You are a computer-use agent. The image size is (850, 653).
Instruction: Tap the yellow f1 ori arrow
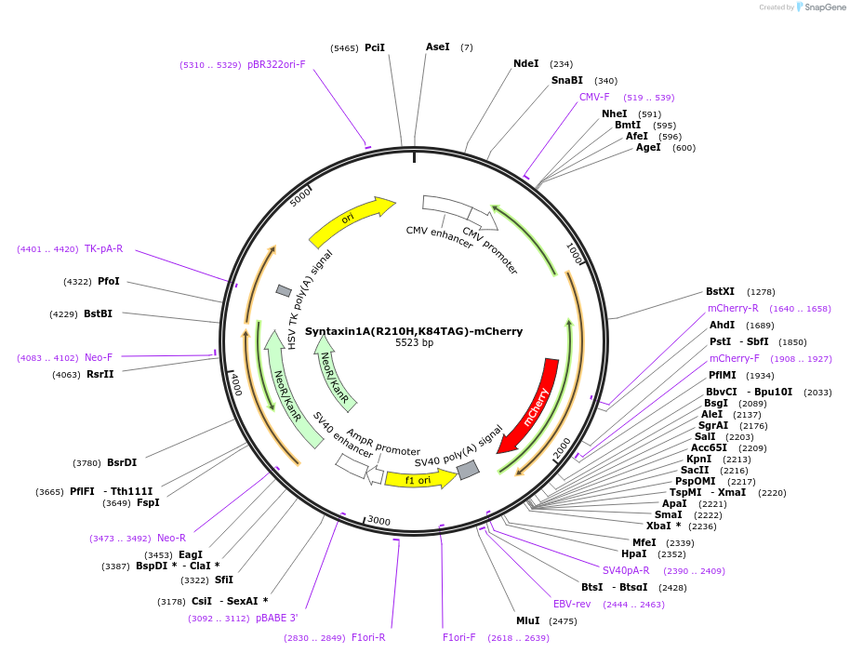pyautogui.click(x=418, y=480)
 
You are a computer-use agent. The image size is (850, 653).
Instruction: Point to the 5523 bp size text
pyautogui.click(x=415, y=343)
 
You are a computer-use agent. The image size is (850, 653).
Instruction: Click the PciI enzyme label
pyautogui.click(x=375, y=47)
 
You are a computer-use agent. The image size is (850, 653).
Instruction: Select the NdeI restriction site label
pyautogui.click(x=525, y=63)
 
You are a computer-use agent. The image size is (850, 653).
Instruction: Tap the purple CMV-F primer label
pyautogui.click(x=594, y=97)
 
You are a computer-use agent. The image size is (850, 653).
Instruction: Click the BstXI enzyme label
pyautogui.click(x=720, y=291)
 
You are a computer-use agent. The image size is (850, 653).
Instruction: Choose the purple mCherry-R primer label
pyautogui.click(x=733, y=308)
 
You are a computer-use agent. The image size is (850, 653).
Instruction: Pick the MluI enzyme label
pyautogui.click(x=527, y=620)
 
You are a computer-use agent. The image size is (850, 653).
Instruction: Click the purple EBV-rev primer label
pyautogui.click(x=572, y=604)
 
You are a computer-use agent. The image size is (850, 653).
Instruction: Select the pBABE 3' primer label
pyautogui.click(x=277, y=618)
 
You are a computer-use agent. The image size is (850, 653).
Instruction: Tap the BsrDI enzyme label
pyautogui.click(x=122, y=462)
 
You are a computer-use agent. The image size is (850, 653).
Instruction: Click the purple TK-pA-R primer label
pyautogui.click(x=103, y=248)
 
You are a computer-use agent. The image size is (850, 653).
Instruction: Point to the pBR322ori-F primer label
pyautogui.click(x=276, y=64)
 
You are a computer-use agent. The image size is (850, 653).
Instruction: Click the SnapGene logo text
pyautogui.click(x=825, y=7)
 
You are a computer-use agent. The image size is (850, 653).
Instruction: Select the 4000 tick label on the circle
pyautogui.click(x=235, y=384)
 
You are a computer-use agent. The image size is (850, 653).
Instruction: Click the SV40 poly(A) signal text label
pyautogui.click(x=458, y=446)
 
